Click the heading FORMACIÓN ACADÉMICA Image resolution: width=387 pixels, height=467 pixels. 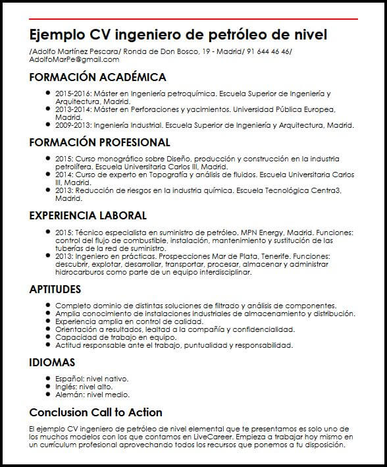tap(97, 77)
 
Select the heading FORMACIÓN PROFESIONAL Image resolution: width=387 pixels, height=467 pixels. tap(99, 142)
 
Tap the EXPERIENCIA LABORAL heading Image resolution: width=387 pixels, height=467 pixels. tap(88, 215)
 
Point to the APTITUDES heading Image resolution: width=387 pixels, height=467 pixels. tap(55, 289)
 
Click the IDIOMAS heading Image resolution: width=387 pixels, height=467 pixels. tap(52, 362)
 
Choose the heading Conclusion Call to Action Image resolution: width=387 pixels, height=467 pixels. tap(95, 412)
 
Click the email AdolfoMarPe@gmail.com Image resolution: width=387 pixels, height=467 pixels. tap(74, 59)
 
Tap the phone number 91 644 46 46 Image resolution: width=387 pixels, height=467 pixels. tap(269, 51)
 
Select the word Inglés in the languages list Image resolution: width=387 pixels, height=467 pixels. tap(66, 387)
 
